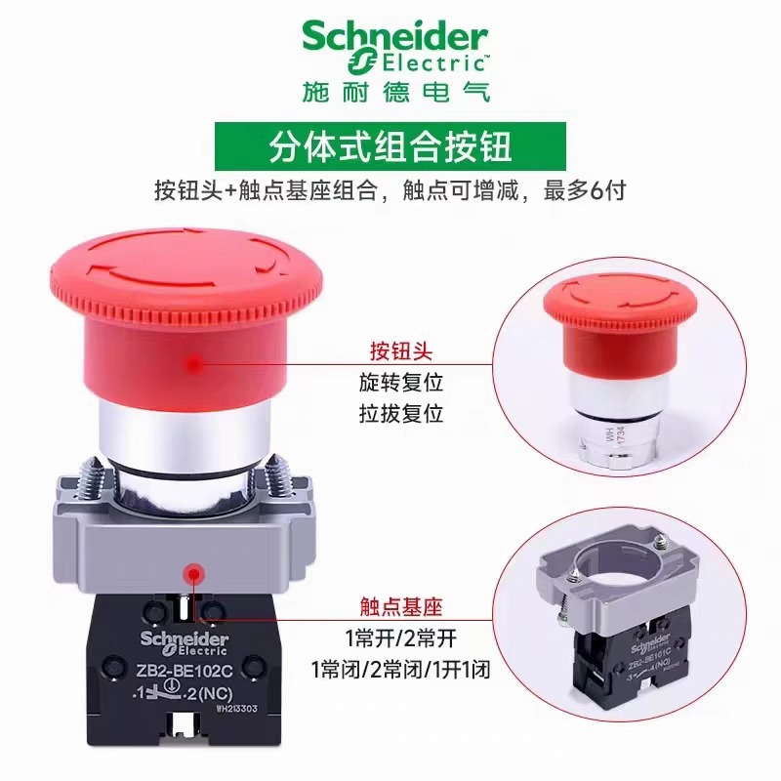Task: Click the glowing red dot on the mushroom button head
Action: (x=195, y=362)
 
